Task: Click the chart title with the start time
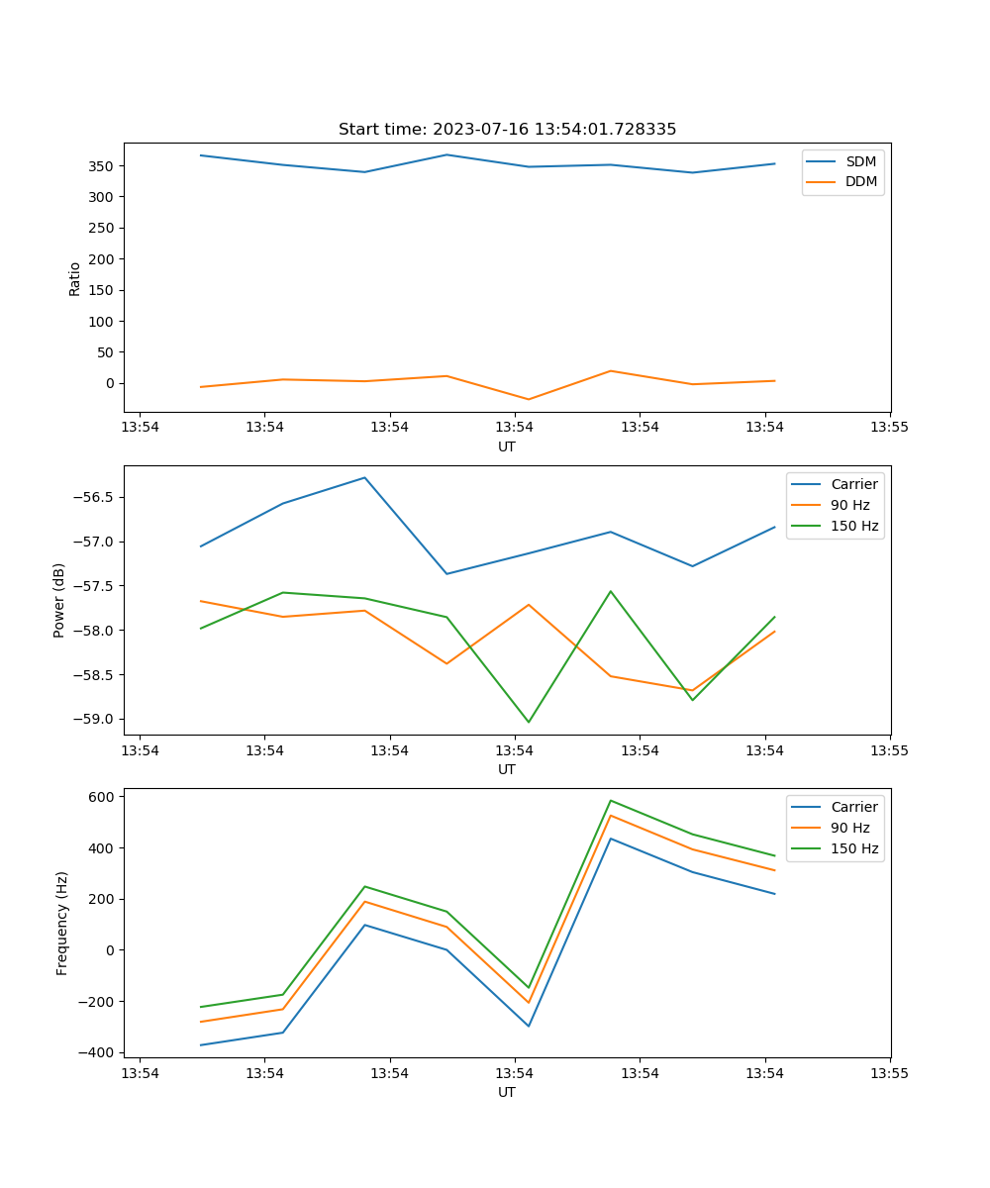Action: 507,130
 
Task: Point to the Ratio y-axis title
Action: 75,278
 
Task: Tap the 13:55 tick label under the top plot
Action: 889,428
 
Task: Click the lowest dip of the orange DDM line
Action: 529,399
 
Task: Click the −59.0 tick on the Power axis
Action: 95,720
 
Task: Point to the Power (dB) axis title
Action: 60,600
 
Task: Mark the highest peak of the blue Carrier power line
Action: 364,478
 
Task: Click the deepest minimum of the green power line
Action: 529,722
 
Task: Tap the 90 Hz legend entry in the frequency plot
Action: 849,828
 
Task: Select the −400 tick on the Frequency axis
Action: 99,1052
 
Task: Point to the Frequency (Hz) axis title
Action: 62,923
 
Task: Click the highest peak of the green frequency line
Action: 611,801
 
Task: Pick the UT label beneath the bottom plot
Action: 507,1092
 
